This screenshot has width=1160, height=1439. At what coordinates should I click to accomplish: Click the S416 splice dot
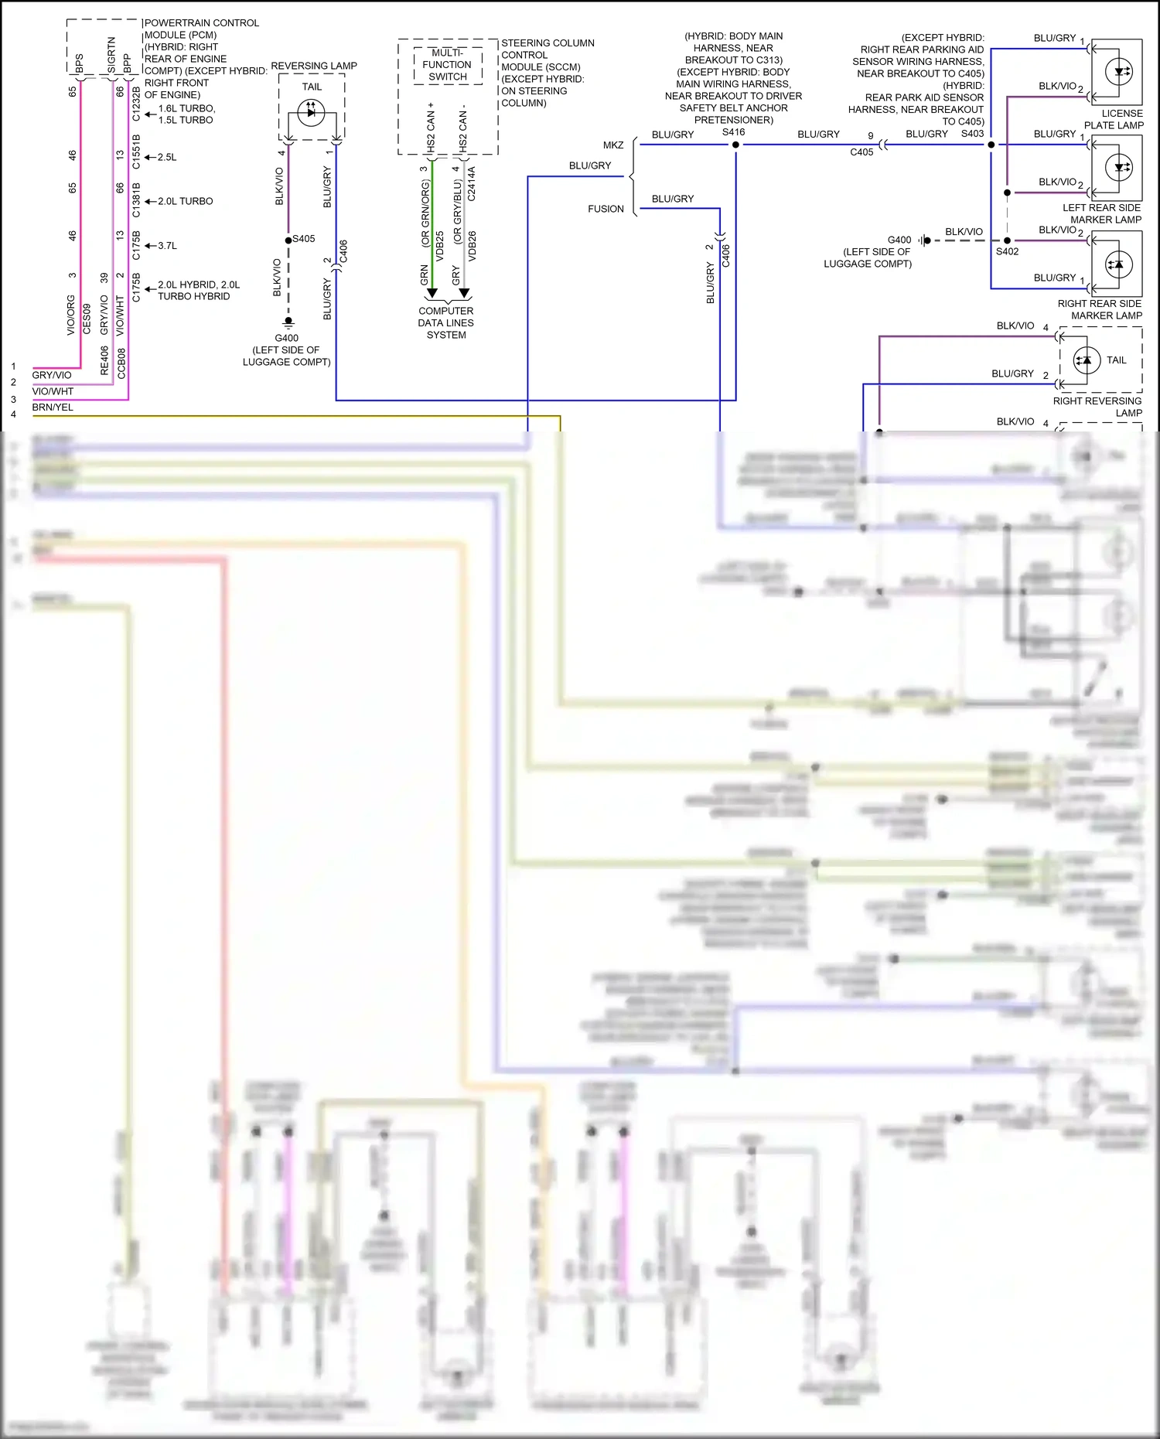(x=735, y=145)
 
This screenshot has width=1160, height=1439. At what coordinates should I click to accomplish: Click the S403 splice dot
(x=991, y=145)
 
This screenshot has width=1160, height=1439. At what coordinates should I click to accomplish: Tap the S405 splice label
(x=304, y=239)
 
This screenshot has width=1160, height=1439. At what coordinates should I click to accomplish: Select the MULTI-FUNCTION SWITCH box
(x=448, y=65)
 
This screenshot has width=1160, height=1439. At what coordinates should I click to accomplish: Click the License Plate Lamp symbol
(x=1119, y=72)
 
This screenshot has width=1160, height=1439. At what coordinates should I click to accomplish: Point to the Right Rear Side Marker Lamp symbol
(x=1118, y=264)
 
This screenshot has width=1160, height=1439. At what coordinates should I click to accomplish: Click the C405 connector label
(x=861, y=152)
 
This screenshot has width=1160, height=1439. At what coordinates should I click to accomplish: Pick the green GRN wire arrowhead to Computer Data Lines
(x=432, y=293)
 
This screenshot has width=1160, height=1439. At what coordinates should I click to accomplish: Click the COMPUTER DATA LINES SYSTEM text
(x=446, y=323)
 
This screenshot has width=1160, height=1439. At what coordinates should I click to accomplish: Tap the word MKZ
(x=613, y=145)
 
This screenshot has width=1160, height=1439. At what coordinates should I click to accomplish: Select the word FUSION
(x=606, y=209)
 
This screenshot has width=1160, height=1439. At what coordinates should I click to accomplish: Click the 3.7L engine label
(x=168, y=246)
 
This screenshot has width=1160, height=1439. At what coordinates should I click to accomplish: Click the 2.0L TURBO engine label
(x=186, y=201)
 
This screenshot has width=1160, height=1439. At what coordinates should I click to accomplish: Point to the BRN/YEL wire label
(x=53, y=407)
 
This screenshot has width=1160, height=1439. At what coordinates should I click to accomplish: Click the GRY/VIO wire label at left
(x=52, y=375)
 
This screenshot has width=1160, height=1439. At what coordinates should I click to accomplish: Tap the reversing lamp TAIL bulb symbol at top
(x=311, y=113)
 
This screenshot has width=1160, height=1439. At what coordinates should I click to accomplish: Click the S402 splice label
(x=1007, y=251)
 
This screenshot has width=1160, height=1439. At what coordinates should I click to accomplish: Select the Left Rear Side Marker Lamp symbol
(x=1119, y=167)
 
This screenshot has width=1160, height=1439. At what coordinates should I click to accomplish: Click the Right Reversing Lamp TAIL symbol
(x=1087, y=360)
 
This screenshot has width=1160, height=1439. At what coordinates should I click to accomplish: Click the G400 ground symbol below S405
(x=288, y=322)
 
